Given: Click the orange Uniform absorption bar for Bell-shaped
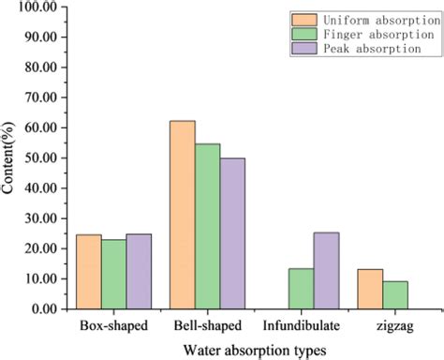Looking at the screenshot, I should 183,215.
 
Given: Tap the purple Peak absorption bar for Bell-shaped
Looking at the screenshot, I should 231,233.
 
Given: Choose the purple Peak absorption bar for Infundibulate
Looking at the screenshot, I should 325,271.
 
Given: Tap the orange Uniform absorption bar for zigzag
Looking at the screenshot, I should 370,289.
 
